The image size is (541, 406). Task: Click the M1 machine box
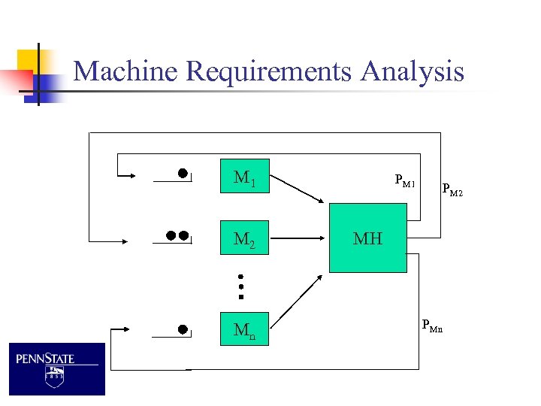244,177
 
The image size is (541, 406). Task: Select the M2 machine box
244,239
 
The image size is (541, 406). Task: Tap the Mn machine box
244,329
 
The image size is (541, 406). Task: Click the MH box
367,238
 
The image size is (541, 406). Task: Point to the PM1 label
405,180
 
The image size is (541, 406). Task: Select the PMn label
432,326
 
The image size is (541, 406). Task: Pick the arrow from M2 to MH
298,238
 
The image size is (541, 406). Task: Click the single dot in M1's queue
183,173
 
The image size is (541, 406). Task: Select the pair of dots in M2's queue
177,235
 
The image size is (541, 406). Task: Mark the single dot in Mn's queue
183,329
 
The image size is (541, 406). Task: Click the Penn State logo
57,368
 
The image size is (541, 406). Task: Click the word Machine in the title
127,71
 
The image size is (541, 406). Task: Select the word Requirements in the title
270,72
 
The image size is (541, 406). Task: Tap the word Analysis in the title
413,71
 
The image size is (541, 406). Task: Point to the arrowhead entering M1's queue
131,176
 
